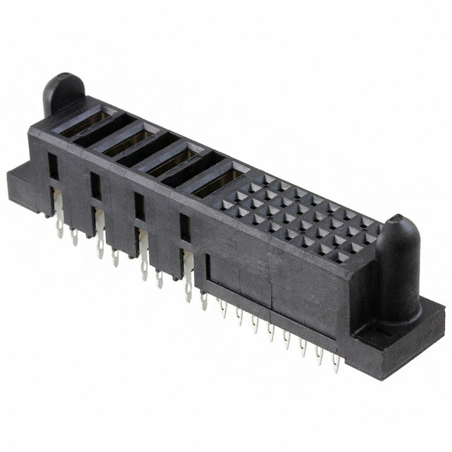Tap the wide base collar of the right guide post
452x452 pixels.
tap(393, 290)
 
